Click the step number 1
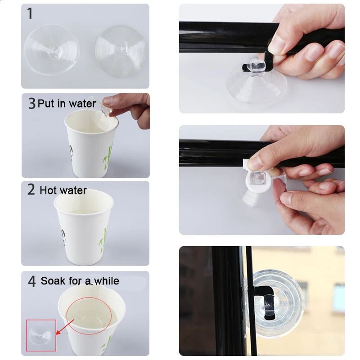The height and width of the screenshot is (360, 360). [30, 14]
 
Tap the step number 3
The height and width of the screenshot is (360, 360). [31, 103]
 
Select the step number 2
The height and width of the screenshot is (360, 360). [31, 189]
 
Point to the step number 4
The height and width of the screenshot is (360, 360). [31, 282]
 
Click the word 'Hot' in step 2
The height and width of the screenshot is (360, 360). [48, 190]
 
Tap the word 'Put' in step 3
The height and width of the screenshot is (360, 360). [45, 103]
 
